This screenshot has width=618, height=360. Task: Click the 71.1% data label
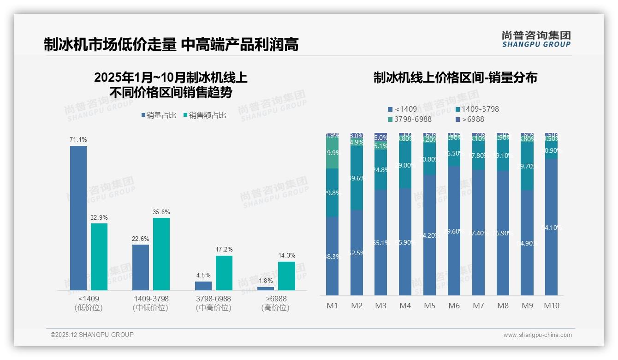(78, 139)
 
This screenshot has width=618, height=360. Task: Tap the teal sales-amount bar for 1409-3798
(161, 254)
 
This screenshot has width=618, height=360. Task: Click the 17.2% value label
(224, 249)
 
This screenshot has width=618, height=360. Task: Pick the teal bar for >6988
(286, 276)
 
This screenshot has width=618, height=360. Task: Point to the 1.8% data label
(266, 281)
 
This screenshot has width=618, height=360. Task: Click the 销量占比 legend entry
(159, 115)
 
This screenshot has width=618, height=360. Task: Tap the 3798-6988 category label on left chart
(213, 299)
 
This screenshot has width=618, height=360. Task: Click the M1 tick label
(332, 306)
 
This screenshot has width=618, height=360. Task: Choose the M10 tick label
(551, 306)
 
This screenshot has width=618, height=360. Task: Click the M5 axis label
(429, 306)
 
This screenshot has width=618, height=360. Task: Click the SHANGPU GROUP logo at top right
(536, 39)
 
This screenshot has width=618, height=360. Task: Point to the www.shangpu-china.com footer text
(537, 335)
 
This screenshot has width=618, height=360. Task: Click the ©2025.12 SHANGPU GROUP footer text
(92, 335)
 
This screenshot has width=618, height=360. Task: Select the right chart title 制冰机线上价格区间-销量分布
(455, 78)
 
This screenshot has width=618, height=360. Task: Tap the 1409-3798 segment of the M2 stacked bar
(357, 178)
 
